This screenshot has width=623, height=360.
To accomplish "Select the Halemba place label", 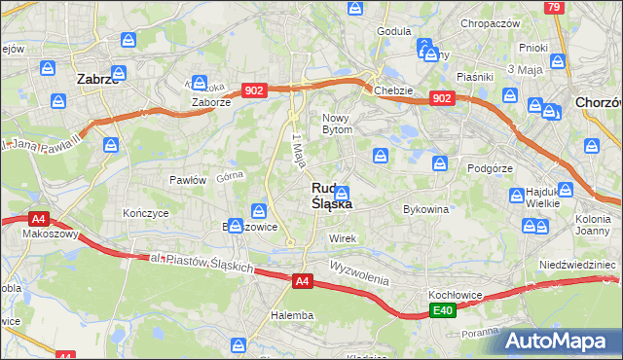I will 292,315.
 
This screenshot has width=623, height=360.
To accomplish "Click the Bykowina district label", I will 425,209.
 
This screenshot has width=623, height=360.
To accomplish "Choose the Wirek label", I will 344,238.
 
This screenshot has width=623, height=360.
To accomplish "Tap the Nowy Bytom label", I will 343,123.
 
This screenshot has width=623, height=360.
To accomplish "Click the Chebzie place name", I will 393,90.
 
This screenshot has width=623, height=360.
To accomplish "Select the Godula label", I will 393,31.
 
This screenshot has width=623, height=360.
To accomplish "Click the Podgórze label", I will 490,167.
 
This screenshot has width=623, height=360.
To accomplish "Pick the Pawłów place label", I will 188,180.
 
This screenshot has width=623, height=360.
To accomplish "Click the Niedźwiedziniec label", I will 579,265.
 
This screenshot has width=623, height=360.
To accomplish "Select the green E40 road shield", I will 443,310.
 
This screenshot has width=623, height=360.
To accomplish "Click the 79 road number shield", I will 554,7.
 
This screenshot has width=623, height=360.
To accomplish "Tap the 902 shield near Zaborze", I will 255,90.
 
